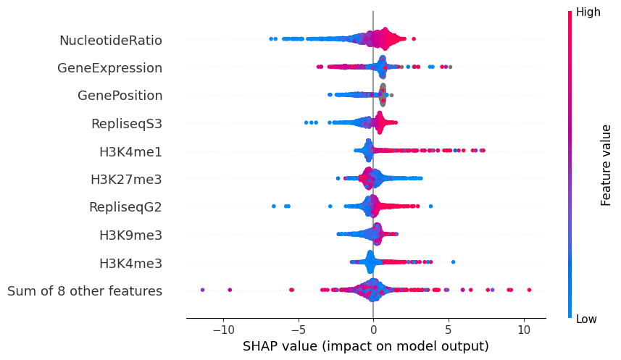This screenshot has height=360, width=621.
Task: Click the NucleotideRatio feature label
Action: [x=111, y=40]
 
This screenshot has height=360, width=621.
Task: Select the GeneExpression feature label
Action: [x=109, y=68]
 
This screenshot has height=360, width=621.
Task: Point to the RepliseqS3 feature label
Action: [x=126, y=124]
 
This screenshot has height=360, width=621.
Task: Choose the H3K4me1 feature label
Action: [x=130, y=151]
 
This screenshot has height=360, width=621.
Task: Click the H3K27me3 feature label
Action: [x=126, y=180]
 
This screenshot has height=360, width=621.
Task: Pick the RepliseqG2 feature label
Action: [x=125, y=207]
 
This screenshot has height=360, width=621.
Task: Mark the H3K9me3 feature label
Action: [x=130, y=235]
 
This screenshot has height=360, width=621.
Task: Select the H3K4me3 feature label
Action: [x=130, y=263]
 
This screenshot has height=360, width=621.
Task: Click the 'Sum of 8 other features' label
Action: [x=85, y=291]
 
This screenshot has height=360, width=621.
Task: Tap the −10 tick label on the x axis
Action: [x=222, y=330]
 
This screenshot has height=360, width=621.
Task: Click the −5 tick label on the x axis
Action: [x=298, y=330]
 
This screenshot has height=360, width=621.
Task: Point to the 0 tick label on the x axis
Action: [x=373, y=330]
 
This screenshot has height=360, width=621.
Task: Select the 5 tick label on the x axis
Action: [x=449, y=330]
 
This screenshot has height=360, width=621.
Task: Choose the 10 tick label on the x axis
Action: [x=524, y=330]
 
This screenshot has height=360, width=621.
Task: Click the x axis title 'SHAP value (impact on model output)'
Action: [x=366, y=346]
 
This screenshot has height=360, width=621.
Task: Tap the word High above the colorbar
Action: [x=588, y=12]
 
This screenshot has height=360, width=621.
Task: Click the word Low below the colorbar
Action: [x=586, y=319]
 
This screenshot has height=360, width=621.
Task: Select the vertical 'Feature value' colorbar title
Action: [x=607, y=164]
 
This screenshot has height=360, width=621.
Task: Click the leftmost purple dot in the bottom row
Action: [x=202, y=290]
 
